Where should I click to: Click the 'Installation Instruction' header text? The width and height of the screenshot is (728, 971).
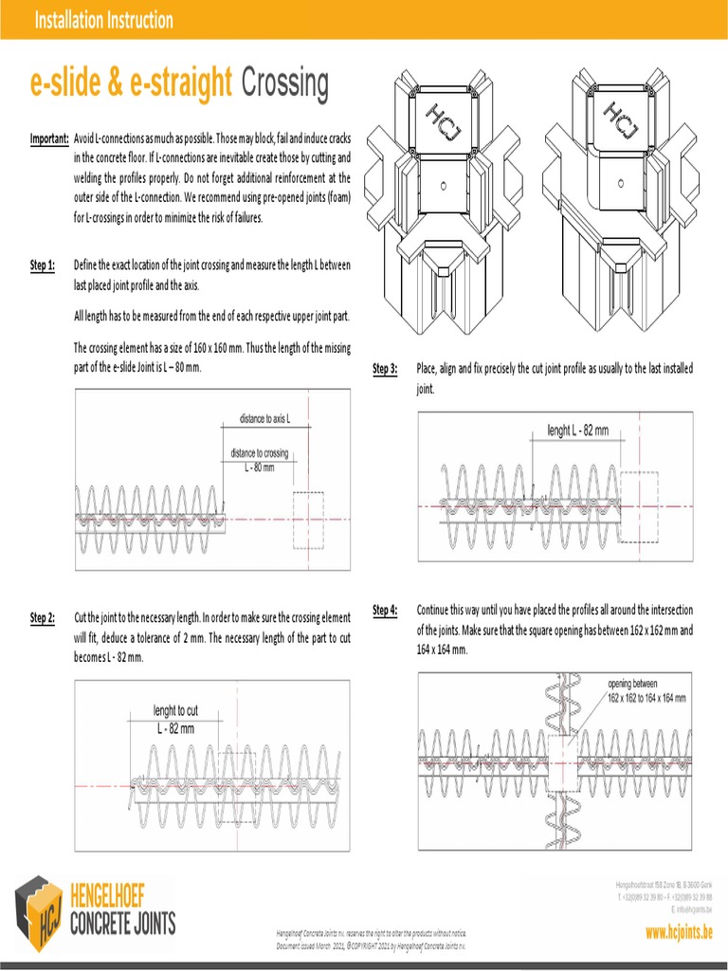103,20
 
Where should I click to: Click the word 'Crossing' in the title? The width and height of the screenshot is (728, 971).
285,84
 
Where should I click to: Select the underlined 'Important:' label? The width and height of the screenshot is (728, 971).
48,139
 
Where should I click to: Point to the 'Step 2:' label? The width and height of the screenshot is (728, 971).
43,618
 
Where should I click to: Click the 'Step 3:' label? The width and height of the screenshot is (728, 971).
385,369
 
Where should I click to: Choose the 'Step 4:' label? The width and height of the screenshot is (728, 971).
385,610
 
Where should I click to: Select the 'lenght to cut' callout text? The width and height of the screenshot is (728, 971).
175,710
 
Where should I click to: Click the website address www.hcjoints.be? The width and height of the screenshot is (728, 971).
678,933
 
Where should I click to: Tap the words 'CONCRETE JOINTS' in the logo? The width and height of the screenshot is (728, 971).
122,924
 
